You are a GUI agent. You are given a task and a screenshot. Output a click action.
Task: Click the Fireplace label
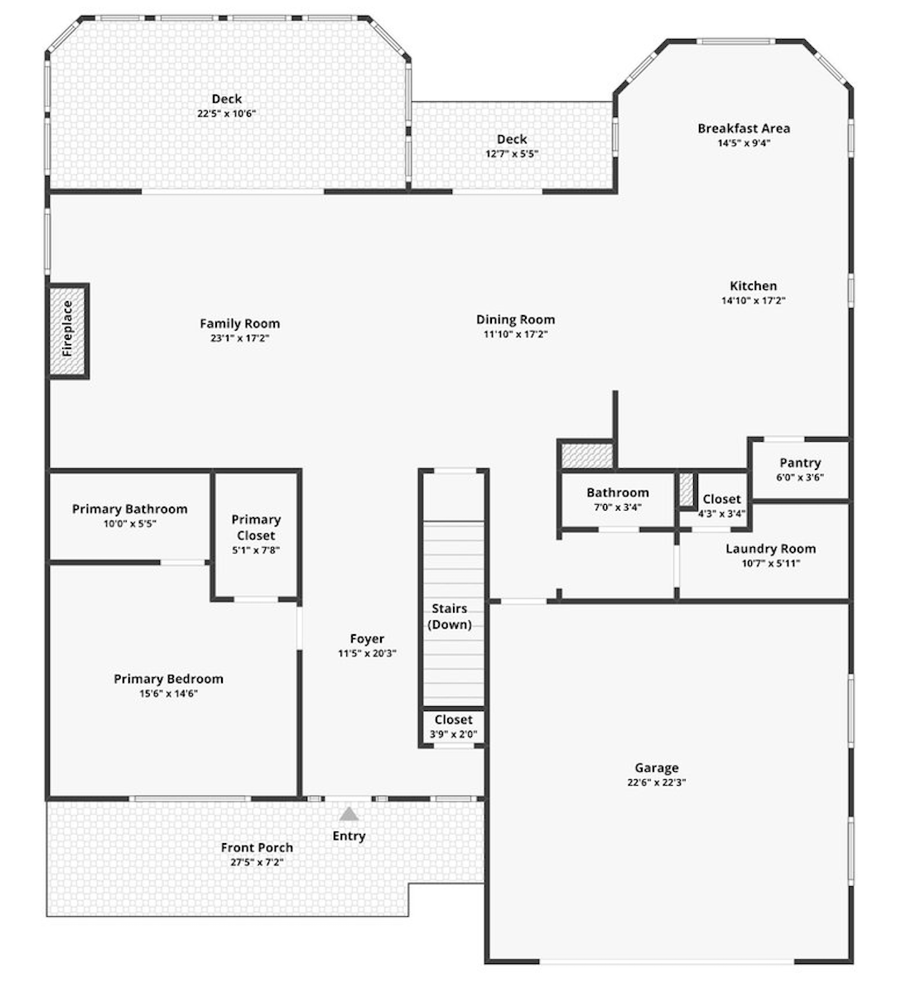click(67, 328)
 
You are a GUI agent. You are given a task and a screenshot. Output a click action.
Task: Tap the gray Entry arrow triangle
click(349, 814)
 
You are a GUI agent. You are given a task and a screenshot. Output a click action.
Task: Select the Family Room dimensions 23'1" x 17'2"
click(240, 338)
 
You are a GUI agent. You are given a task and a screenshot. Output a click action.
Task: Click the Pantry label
click(800, 463)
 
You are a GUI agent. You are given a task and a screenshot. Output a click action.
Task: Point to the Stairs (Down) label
click(450, 617)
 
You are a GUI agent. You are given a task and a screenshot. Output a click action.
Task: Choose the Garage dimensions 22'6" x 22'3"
click(657, 782)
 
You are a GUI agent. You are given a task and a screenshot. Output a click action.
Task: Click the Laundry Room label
click(771, 549)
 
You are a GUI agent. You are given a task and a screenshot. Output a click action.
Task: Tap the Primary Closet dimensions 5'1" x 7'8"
click(256, 550)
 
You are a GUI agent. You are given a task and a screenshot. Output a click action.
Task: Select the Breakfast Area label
click(744, 128)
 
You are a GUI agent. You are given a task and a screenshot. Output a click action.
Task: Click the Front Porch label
click(257, 847)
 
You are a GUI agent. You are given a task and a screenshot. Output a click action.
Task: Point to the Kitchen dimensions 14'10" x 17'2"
click(754, 301)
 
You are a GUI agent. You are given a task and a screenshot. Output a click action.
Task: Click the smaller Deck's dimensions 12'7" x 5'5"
click(513, 153)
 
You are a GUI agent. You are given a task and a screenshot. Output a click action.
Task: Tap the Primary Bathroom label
click(130, 509)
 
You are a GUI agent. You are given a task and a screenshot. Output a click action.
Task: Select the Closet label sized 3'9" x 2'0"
click(453, 720)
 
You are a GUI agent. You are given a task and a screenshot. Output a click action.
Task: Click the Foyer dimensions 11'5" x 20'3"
click(368, 653)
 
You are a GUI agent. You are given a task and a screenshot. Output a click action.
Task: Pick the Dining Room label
click(516, 319)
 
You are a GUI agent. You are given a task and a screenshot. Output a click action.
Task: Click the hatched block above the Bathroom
click(586, 456)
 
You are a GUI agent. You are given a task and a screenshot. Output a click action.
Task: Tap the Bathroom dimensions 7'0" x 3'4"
click(618, 507)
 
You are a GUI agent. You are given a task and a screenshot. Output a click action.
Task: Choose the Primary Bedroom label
click(168, 679)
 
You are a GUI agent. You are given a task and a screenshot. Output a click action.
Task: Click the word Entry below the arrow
click(349, 836)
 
